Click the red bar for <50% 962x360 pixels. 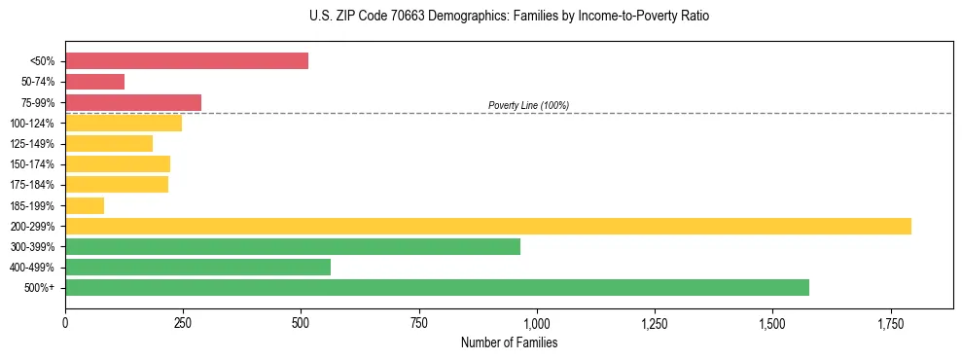(187, 61)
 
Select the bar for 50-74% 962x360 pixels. (94, 82)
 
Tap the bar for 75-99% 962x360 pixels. (133, 102)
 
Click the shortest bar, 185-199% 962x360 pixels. (85, 205)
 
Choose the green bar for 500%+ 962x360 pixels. (437, 288)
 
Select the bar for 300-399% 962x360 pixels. (293, 247)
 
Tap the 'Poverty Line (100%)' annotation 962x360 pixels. (528, 105)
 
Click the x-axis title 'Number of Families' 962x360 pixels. (509, 342)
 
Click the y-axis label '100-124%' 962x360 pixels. (32, 124)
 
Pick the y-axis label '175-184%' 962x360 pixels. (32, 185)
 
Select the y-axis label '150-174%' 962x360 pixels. (32, 164)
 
